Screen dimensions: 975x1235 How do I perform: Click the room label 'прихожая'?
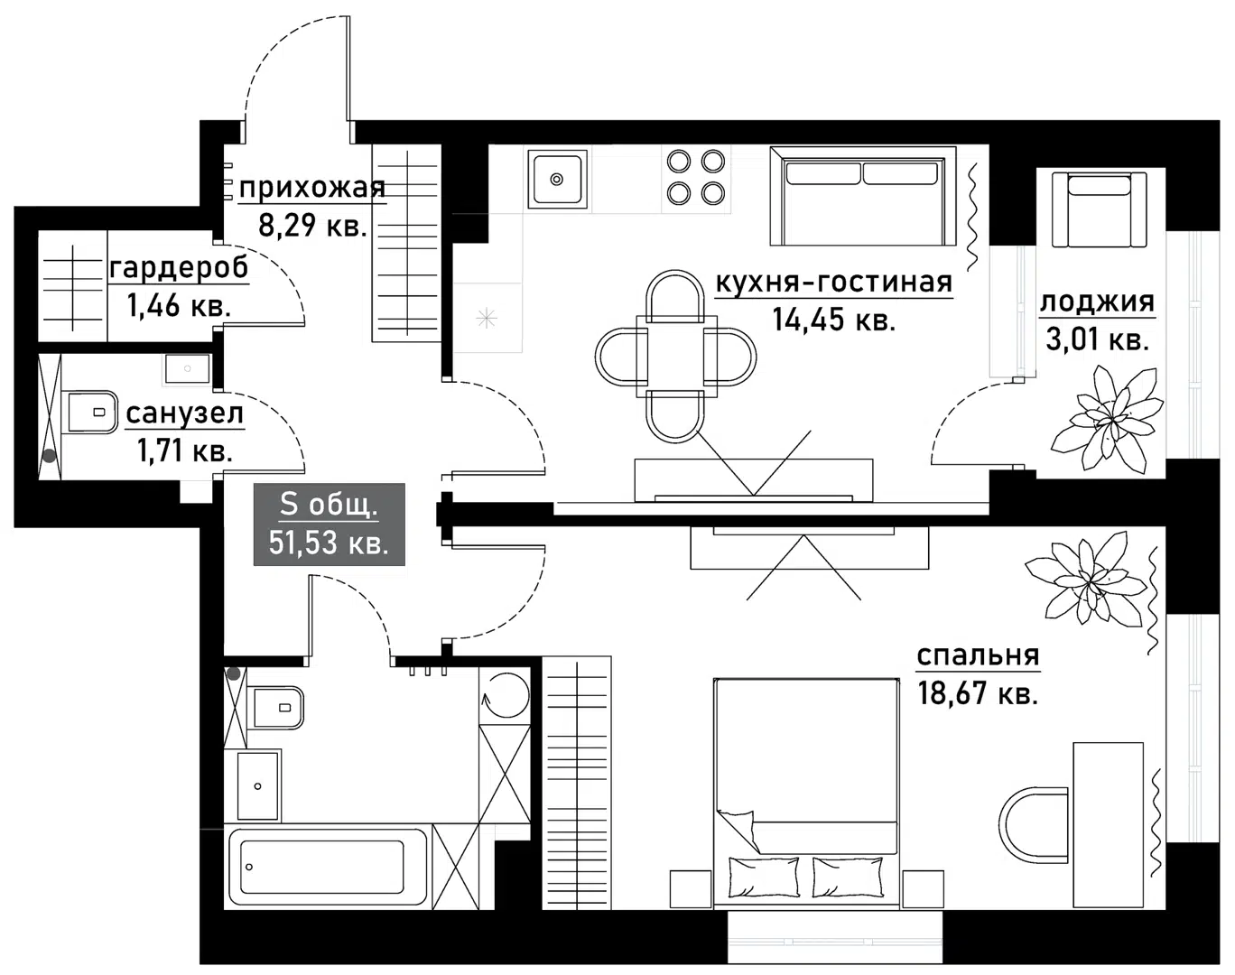(x=311, y=188)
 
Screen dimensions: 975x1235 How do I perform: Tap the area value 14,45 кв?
(x=833, y=320)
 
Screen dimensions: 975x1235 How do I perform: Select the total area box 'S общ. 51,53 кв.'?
(x=329, y=525)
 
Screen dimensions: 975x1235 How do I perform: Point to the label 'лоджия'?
(x=1097, y=302)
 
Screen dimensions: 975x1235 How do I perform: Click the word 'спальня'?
(x=978, y=655)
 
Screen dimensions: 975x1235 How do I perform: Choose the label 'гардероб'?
(x=179, y=268)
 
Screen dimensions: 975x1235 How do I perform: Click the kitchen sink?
(x=557, y=179)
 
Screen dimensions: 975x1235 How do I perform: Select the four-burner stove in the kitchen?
(x=695, y=177)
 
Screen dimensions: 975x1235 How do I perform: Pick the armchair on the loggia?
(x=1099, y=209)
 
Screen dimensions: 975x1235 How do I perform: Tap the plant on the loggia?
(x=1103, y=421)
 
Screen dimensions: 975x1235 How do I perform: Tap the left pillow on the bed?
(x=763, y=877)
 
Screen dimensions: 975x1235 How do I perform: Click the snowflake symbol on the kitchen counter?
(x=487, y=318)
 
